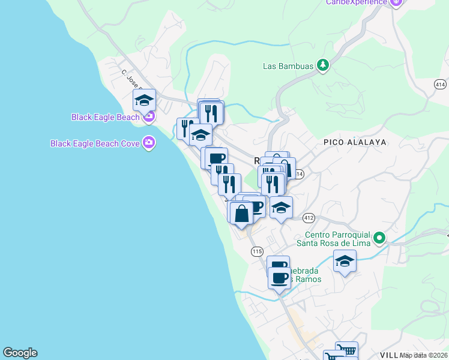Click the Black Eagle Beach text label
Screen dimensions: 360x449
pyautogui.click(x=105, y=117)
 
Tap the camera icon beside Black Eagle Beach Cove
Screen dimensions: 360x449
pyautogui.click(x=148, y=143)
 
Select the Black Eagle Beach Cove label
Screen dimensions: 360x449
pyautogui.click(x=94, y=143)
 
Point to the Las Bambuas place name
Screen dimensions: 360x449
pyautogui.click(x=289, y=66)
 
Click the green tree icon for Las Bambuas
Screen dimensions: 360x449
pyautogui.click(x=323, y=65)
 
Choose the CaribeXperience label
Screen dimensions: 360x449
pyautogui.click(x=357, y=2)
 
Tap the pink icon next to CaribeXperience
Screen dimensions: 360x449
pyautogui.click(x=395, y=2)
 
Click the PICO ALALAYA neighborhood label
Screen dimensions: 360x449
pyautogui.click(x=354, y=142)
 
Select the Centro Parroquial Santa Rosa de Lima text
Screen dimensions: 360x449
pyautogui.click(x=334, y=239)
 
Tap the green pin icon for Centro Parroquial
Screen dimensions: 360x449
pyautogui.click(x=379, y=239)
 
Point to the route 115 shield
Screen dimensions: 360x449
pyautogui.click(x=257, y=251)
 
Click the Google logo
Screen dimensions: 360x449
pyautogui.click(x=20, y=353)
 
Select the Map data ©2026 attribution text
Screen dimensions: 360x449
pyautogui.click(x=423, y=355)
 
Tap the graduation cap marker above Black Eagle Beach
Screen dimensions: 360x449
pyautogui.click(x=144, y=100)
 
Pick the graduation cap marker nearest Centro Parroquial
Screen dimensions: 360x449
pyautogui.click(x=345, y=261)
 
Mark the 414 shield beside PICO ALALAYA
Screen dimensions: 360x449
pyautogui.click(x=299, y=173)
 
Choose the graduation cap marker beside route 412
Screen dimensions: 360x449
pyautogui.click(x=281, y=208)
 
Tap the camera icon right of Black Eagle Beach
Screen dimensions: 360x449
pyautogui.click(x=148, y=116)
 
